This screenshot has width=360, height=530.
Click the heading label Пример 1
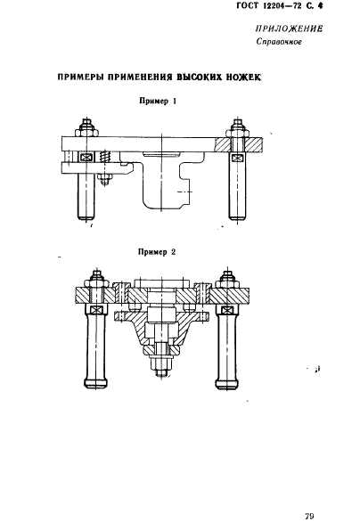(158, 101)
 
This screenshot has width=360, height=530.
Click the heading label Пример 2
(157, 252)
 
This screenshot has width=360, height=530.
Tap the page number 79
(309, 517)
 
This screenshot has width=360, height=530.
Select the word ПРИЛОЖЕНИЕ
(289, 29)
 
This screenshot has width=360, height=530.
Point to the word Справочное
(279, 42)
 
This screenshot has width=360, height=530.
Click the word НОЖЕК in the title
(244, 77)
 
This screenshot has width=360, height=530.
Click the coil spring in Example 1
(105, 157)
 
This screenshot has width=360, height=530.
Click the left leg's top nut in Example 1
(86, 131)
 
